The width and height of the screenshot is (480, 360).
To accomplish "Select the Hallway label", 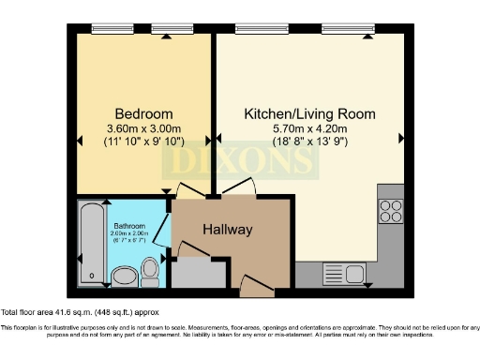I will click(229, 229).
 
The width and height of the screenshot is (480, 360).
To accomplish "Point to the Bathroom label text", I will click(128, 227).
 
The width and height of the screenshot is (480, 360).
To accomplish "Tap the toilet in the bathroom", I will click(150, 272).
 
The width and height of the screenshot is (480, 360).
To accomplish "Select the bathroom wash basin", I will click(123, 276).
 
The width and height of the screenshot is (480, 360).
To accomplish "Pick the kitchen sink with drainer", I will click(343, 274).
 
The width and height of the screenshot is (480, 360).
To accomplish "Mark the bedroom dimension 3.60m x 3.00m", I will click(141, 128).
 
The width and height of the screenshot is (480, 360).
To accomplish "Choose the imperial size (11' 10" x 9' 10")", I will click(141, 142).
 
